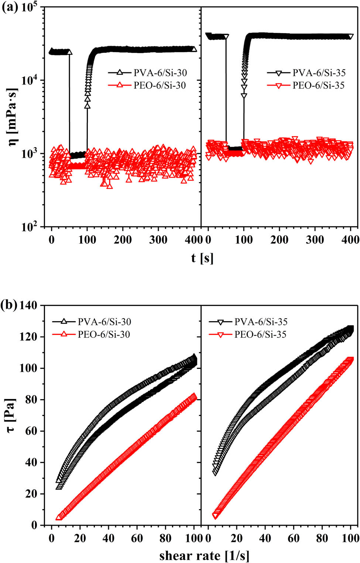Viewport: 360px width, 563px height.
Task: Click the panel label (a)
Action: [x=10, y=8]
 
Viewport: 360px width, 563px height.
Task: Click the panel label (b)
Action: [x=10, y=306]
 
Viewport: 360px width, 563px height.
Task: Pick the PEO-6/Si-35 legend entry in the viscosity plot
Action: [x=318, y=86]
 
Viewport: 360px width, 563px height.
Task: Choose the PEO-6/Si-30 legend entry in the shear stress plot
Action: [x=104, y=334]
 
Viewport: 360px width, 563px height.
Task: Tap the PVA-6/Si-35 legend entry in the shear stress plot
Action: [x=261, y=322]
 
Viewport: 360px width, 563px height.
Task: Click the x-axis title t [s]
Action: [x=202, y=258]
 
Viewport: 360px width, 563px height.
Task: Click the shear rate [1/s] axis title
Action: [x=204, y=556]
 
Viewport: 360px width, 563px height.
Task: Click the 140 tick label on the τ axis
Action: [x=29, y=306]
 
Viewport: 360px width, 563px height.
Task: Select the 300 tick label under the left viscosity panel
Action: [x=158, y=240]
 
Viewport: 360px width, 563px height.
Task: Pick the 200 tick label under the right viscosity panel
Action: [x=280, y=240]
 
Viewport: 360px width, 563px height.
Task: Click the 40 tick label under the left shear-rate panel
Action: [x=108, y=538]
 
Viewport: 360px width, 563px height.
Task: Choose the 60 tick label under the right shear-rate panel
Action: [x=294, y=538]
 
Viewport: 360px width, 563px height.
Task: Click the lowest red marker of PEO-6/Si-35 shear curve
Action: [x=215, y=516]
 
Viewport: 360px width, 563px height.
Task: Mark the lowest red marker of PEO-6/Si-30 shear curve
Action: [x=58, y=517]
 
